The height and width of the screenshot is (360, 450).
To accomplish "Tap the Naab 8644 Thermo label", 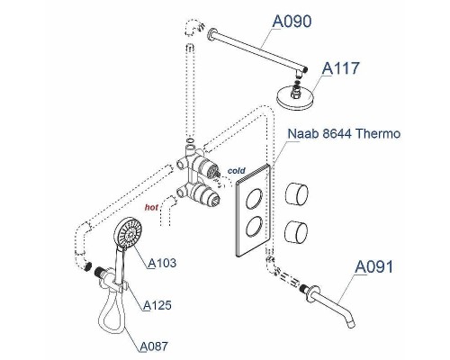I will tap(344, 135).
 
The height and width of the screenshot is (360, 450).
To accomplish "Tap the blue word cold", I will tap(236, 169).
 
